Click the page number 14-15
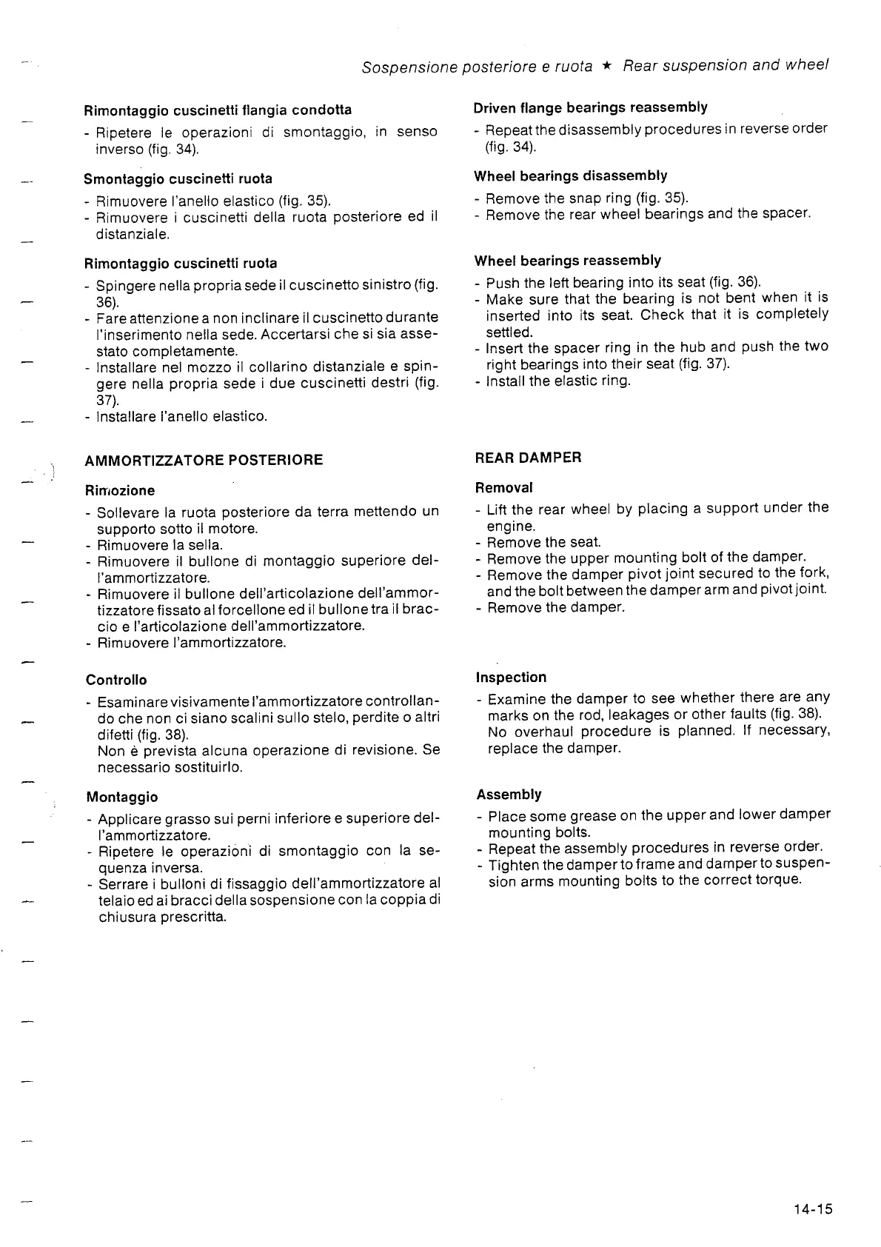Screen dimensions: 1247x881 point(812,1209)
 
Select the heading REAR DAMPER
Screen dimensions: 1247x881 point(528,458)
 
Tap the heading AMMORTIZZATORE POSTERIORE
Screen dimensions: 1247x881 point(204,460)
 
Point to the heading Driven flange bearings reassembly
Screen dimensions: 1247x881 point(590,107)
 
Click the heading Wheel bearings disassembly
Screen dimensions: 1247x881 point(570,176)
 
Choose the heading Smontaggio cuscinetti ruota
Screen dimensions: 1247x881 point(178,178)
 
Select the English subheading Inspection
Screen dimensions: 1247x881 point(511,678)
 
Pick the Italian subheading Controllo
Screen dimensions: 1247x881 point(116,680)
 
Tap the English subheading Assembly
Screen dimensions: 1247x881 point(509,795)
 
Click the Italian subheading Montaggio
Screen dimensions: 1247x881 point(121,798)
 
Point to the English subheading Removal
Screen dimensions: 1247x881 point(503,488)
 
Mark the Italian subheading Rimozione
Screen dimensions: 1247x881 point(119,490)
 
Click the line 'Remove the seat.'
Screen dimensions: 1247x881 point(543,542)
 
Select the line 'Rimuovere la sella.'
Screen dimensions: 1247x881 point(160,546)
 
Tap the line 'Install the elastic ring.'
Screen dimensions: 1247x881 point(558,381)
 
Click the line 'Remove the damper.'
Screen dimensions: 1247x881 point(555,607)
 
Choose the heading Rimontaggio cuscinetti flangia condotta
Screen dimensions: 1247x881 point(218,110)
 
